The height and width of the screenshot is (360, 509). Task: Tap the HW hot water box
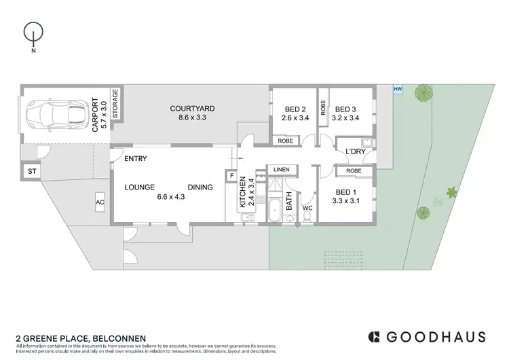pos(398,89)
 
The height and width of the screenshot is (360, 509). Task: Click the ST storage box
pos(31,173)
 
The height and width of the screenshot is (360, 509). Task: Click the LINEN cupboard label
pos(281,169)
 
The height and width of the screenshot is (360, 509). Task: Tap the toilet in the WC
pos(307,216)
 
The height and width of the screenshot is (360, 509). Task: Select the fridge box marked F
pos(231,177)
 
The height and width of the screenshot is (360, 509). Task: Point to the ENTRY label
pos(135,159)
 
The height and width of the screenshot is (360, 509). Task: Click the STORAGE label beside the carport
pos(115,104)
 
